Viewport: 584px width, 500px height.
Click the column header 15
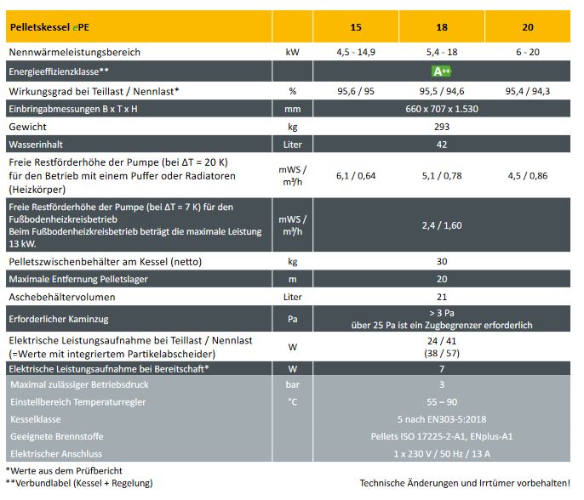coord(356,27)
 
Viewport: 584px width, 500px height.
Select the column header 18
coord(442,27)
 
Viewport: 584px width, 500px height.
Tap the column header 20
coord(528,27)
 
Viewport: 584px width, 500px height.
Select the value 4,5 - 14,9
coord(356,52)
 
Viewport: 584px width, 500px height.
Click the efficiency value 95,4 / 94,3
coord(528,90)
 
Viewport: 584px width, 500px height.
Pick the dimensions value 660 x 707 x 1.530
coord(442,110)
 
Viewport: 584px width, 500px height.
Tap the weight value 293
coord(442,126)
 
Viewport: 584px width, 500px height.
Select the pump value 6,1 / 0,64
coord(356,176)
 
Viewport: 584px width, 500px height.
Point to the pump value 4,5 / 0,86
coord(528,176)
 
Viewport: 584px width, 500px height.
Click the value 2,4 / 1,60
coord(442,225)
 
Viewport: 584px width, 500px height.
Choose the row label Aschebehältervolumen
coord(62,297)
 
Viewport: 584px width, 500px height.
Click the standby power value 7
coord(442,369)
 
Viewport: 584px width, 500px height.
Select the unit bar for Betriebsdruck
coord(292,385)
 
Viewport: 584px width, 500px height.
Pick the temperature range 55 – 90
coord(442,401)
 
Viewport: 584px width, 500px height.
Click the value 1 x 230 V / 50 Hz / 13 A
coord(442,452)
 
